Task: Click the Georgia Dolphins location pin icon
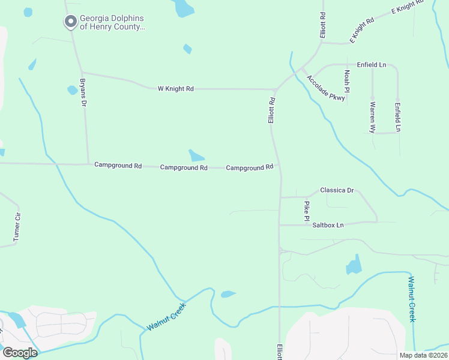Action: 70,22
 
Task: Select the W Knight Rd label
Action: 175,89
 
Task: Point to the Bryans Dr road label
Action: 83,92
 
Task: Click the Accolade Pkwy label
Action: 326,88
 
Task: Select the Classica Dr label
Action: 337,190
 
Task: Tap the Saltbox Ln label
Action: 328,225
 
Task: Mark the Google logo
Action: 19,352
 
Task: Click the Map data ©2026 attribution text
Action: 423,355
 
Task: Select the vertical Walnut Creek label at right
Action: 411,299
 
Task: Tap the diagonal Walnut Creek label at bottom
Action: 167,316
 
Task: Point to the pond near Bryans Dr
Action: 72,90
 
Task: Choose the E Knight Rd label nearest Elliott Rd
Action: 362,29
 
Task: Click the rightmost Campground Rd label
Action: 250,168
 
